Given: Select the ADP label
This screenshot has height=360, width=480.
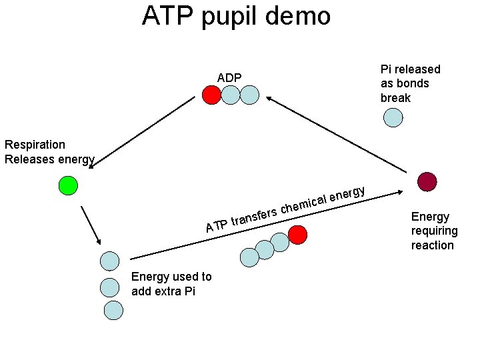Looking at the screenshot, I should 229,78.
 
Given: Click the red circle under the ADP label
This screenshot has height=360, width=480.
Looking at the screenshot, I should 211,96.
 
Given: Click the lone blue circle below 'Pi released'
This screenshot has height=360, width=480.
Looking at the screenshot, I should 393,118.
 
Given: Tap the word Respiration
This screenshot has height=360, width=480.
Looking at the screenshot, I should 35,145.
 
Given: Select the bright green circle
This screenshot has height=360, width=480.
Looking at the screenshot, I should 68,185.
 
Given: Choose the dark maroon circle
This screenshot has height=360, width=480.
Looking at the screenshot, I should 427,181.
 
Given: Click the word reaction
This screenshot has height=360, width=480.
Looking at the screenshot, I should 432,245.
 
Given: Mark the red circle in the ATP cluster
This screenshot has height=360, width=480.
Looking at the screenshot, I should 297,235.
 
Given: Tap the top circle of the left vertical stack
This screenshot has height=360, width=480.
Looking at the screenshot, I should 109,261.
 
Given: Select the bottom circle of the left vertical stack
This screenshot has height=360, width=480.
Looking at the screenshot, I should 113,310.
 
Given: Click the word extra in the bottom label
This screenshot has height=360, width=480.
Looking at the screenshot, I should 167,291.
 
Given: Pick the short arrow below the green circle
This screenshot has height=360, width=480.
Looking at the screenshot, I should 91,225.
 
